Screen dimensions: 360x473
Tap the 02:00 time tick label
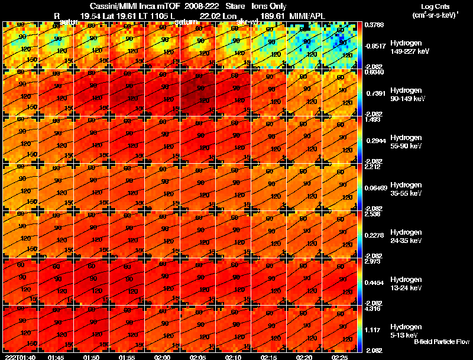[x=163, y=357]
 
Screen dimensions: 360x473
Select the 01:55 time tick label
[x=127, y=357]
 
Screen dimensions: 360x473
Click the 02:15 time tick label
[x=269, y=357]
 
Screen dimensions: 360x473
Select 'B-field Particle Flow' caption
[x=442, y=342]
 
